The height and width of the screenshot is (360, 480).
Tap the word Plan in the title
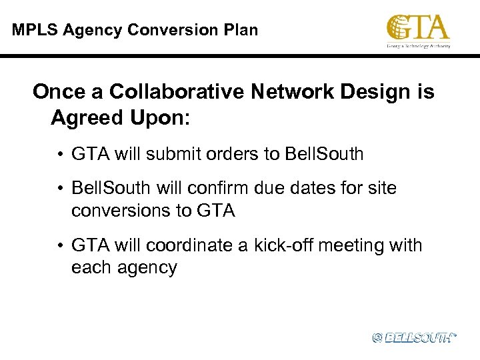click(x=241, y=30)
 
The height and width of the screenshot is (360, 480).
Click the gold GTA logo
click(x=418, y=29)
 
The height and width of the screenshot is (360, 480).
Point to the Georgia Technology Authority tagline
click(x=418, y=46)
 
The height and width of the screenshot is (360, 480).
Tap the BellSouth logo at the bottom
click(x=414, y=338)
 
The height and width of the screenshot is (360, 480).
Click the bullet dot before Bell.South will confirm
click(x=60, y=189)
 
